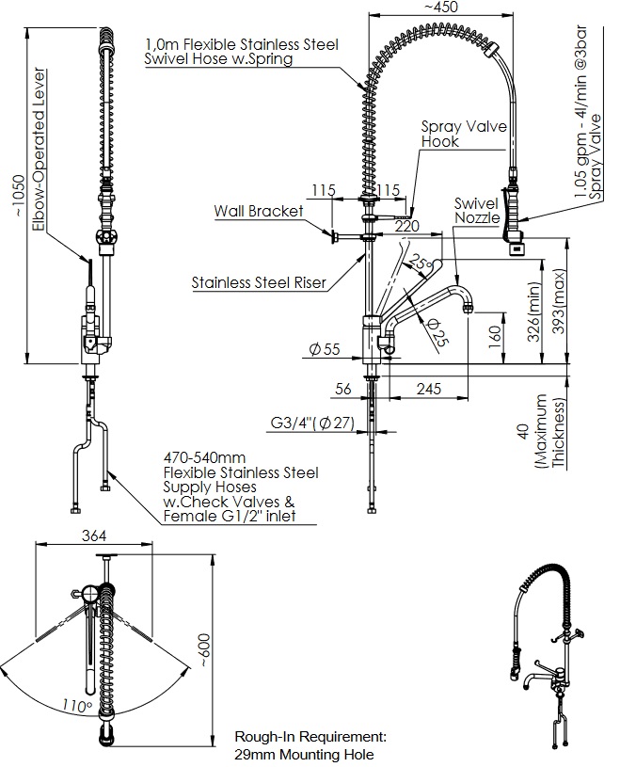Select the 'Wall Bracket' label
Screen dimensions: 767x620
(x=259, y=211)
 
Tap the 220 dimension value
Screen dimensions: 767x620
(x=406, y=226)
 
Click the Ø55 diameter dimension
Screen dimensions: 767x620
(x=324, y=350)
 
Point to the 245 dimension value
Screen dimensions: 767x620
(x=429, y=388)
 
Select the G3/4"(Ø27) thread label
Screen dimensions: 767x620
(x=311, y=423)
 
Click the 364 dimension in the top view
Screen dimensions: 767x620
(x=94, y=535)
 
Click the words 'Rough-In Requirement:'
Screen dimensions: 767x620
(x=310, y=738)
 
